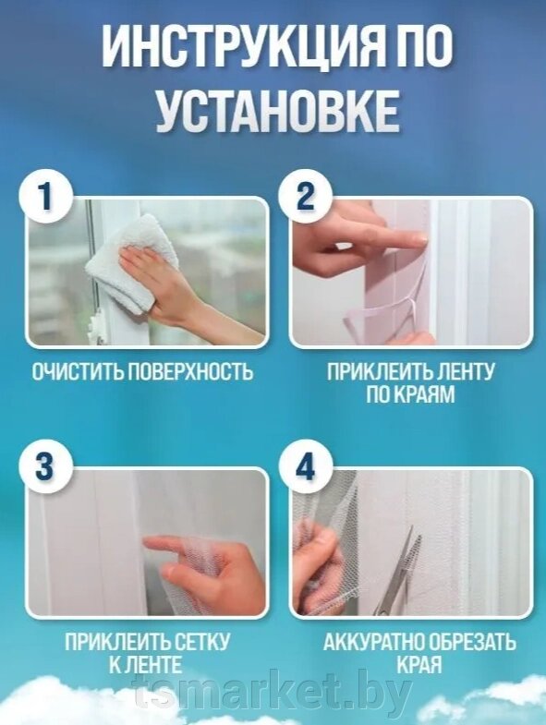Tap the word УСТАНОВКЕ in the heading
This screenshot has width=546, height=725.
coord(277,110)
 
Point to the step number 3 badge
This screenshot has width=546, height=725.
coord(45,467)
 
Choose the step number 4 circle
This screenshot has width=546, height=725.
coord(306,467)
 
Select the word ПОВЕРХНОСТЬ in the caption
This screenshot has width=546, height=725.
coord(190,371)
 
